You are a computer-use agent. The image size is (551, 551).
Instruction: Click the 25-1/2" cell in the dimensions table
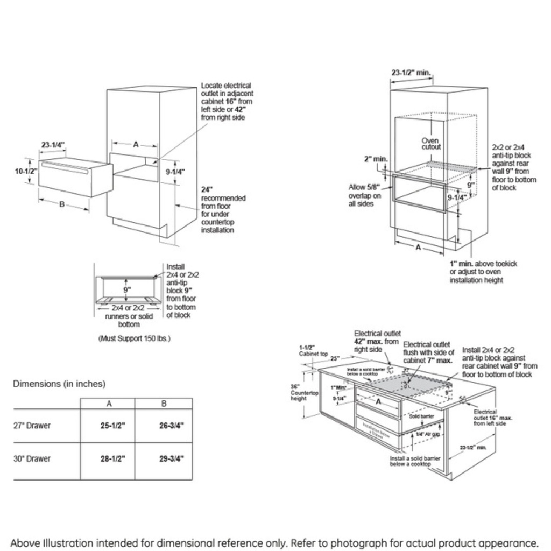coord(112,426)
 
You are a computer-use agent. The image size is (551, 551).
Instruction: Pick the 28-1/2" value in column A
coord(112,459)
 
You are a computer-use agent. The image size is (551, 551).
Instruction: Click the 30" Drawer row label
coord(32,459)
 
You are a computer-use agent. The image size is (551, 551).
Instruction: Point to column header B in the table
coord(164,404)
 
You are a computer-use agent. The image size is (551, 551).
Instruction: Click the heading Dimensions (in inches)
coord(59,384)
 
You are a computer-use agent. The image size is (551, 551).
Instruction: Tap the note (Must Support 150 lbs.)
coord(134,338)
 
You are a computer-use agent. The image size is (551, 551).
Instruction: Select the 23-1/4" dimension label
coord(53,144)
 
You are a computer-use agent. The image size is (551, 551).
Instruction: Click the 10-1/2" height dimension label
coord(25,171)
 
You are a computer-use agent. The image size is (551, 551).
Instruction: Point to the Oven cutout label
coord(430,144)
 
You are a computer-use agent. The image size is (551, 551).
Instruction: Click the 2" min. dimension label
coord(375,159)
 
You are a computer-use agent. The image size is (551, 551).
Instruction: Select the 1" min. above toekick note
coord(483,272)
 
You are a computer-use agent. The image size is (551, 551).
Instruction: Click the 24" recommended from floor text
coord(223,210)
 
